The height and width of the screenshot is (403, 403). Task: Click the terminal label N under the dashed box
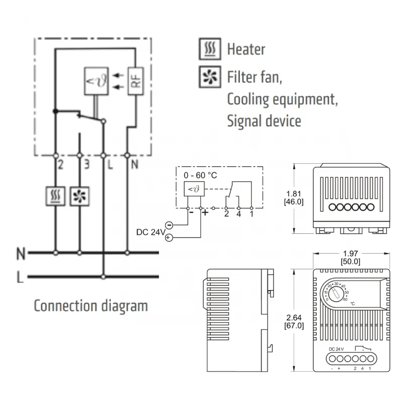click(x=135, y=164)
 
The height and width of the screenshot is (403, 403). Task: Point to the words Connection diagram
click(x=91, y=306)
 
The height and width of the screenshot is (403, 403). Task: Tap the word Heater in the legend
click(x=246, y=49)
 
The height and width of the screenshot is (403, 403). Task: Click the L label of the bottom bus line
click(x=20, y=278)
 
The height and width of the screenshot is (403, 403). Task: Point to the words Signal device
click(x=264, y=121)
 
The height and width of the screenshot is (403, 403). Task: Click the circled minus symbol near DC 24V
click(x=169, y=225)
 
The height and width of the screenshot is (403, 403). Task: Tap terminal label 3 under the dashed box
click(x=86, y=164)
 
